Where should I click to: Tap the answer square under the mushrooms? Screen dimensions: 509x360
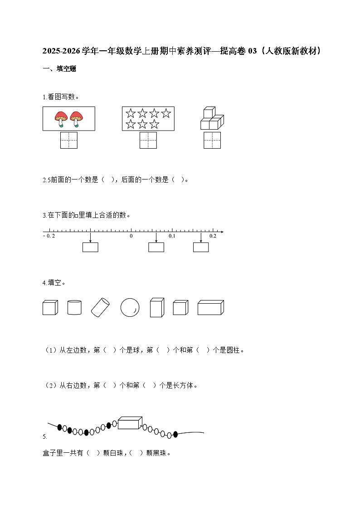pyautogui.click(x=69, y=140)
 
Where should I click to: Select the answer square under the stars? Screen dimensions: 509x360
pyautogui.click(x=148, y=140)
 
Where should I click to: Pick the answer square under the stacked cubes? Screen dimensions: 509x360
pyautogui.click(x=212, y=140)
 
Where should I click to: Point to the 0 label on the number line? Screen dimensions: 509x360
pyautogui.click(x=131, y=236)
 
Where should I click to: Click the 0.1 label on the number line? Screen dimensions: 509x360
pyautogui.click(x=172, y=236)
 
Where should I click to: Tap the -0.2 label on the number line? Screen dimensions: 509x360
pyautogui.click(x=49, y=236)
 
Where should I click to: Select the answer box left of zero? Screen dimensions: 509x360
pyautogui.click(x=90, y=247)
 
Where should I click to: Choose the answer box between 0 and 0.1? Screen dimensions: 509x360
pyautogui.click(x=156, y=247)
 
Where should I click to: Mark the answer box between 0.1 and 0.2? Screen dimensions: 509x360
pyautogui.click(x=201, y=247)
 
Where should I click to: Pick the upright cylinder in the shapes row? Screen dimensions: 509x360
pyautogui.click(x=74, y=307)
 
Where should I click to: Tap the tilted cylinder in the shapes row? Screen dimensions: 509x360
pyautogui.click(x=101, y=307)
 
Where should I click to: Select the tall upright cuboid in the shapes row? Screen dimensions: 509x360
pyautogui.click(x=156, y=307)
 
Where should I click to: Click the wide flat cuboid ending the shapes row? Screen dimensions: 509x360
pyautogui.click(x=210, y=308)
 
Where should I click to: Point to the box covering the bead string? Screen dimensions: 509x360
pyautogui.click(x=129, y=423)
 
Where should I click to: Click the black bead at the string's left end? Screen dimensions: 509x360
pyautogui.click(x=60, y=427)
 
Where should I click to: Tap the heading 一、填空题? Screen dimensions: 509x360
pyautogui.click(x=59, y=69)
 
